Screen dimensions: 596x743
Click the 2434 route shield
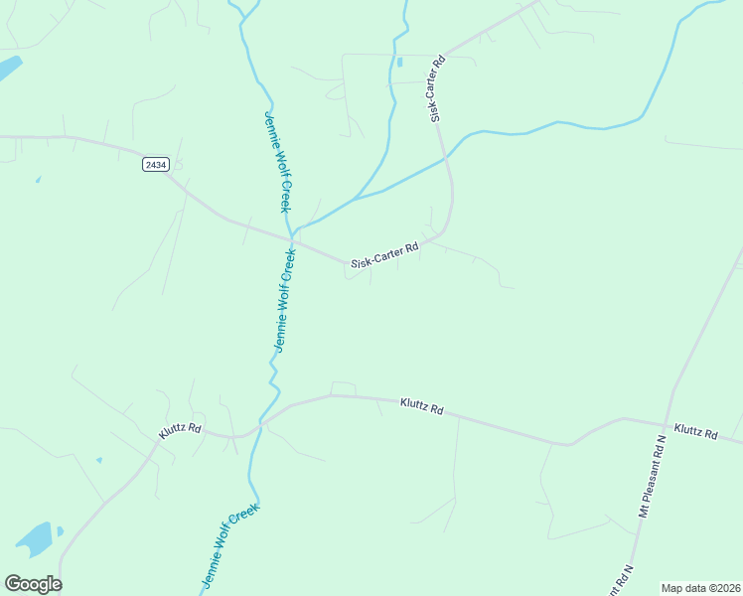154,164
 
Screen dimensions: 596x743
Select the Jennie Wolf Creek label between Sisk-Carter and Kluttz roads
286,300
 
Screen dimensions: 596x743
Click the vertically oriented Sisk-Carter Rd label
437,89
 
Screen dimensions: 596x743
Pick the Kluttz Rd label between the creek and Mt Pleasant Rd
421,406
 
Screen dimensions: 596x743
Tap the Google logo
33,583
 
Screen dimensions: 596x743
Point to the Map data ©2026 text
699,588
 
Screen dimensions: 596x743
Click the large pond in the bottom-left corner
36,537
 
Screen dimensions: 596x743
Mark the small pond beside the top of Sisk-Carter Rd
399,63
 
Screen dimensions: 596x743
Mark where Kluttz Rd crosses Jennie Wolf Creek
261,421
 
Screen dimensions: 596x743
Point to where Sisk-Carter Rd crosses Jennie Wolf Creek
293,239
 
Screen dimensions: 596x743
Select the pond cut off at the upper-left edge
8,69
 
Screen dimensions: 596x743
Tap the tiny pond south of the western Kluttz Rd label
98,460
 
